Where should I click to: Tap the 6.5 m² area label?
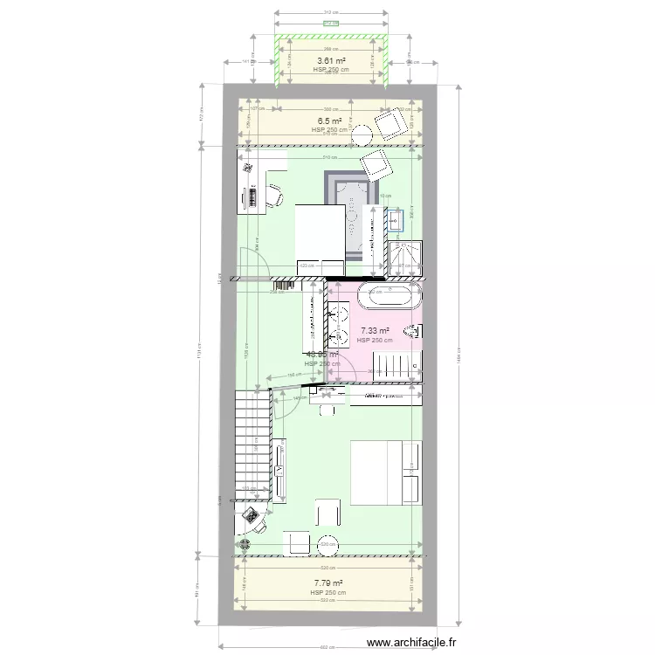tap(329, 121)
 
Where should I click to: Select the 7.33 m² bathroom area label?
tap(375, 331)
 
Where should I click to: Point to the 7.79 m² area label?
tap(328, 583)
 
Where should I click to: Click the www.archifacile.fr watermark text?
tap(412, 642)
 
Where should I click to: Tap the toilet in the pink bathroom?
tap(415, 331)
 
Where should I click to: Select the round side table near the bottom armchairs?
tap(329, 541)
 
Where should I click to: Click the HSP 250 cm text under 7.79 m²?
tap(328, 593)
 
